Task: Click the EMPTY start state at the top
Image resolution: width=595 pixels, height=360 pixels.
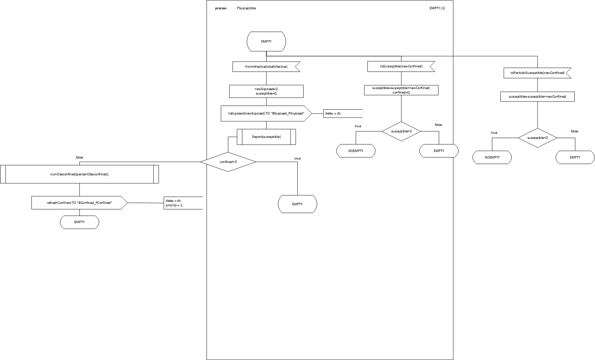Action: pos(266,42)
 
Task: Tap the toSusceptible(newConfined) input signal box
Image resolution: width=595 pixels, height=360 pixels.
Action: pos(401,66)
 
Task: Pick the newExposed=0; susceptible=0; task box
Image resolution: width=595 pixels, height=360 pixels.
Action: pos(266,91)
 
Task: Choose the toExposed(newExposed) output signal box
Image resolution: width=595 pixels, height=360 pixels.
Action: pos(266,113)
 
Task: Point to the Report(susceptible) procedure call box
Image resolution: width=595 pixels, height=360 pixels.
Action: pos(266,137)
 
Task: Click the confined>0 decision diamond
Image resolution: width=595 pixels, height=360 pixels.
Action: pos(228,162)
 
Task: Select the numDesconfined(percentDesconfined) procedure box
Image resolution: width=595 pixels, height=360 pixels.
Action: pos(79,174)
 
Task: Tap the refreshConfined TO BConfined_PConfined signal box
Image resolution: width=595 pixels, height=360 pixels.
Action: pos(79,203)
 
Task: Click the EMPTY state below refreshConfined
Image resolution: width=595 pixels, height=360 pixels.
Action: pos(79,222)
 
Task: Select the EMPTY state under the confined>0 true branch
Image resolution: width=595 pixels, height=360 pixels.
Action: pos(297,204)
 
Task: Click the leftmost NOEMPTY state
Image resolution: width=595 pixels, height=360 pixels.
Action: pos(356,151)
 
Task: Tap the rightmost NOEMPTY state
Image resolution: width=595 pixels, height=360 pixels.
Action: pos(492,157)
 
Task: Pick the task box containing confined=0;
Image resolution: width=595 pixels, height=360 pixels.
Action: pos(401,90)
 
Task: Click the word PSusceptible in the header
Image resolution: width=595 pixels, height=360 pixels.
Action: pos(246,8)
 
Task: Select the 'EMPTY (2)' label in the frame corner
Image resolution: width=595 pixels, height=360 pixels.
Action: pos(437,8)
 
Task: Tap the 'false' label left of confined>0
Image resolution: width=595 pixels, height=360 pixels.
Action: pos(79,157)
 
